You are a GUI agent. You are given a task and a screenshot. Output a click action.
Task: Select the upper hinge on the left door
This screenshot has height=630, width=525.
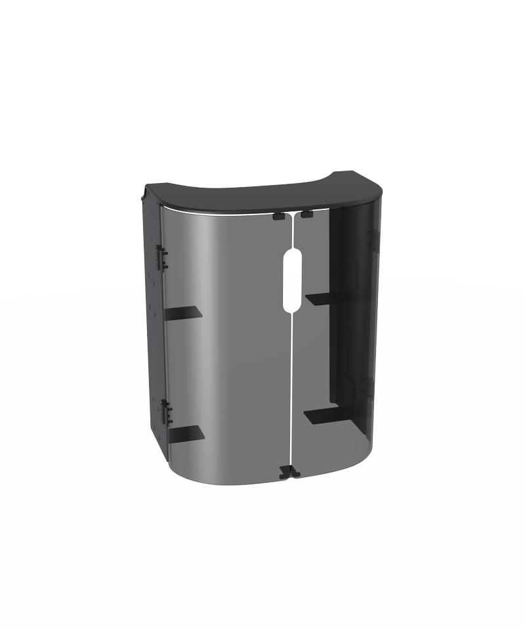coord(161,257)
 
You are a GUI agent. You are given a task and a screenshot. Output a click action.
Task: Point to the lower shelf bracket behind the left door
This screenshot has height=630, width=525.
coord(185,432)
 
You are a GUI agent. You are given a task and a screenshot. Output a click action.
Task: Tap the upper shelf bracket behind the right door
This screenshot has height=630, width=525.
coord(325,298)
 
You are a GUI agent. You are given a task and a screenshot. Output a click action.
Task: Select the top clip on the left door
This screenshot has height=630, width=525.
coord(279,215)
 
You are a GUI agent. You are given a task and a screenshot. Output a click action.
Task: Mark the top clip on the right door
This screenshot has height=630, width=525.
coord(306,214)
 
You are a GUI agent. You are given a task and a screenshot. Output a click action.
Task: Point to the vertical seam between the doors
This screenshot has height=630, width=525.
coord(291,381)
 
